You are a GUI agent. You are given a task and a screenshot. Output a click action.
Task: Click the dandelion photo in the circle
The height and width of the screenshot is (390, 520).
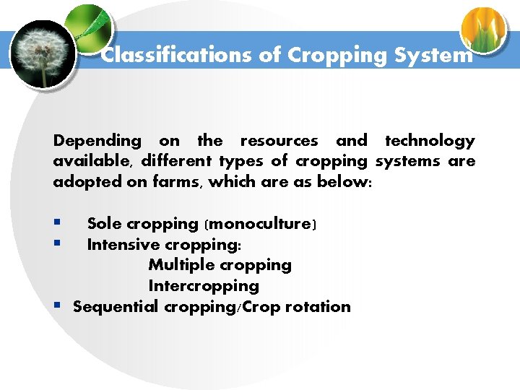pos(43,54)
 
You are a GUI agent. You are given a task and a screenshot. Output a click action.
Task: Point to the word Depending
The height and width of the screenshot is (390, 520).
pos(97,141)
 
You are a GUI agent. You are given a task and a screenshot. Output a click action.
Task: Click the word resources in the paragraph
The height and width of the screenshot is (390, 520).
pos(279,141)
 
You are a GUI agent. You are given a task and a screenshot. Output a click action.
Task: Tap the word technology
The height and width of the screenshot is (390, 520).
pos(430,141)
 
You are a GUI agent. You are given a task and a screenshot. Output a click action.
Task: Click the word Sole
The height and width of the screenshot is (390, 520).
pos(105,224)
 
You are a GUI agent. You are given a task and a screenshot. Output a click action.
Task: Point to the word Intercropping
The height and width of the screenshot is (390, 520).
pos(204,286)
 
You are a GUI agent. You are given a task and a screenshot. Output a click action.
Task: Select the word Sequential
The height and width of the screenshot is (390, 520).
pos(116,306)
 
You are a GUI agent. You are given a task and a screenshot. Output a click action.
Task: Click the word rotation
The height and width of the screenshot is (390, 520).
pos(318,306)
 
